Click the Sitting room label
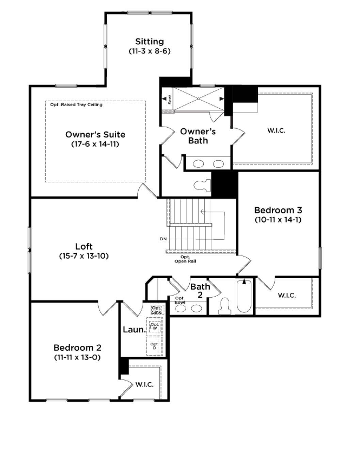(x=150, y=42)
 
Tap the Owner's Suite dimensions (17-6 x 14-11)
(x=95, y=144)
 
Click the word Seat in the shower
(x=170, y=99)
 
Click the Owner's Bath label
(x=198, y=136)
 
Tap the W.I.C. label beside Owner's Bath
(x=276, y=130)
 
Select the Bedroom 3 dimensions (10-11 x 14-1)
(x=278, y=220)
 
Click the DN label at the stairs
(x=163, y=239)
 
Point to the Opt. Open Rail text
(x=185, y=259)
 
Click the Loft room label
(x=84, y=246)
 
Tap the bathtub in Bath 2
(x=244, y=296)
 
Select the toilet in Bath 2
(x=224, y=306)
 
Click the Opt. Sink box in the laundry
(x=157, y=310)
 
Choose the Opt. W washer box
(x=155, y=326)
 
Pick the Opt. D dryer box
(x=154, y=346)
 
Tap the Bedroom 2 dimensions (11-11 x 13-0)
(x=77, y=357)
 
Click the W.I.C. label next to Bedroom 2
(x=144, y=385)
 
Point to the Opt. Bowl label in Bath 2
(x=180, y=300)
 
